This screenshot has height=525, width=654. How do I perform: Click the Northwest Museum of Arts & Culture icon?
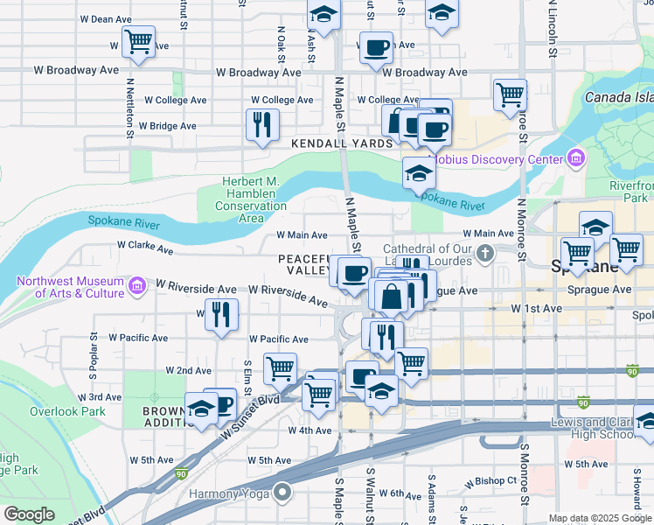tap(136, 286)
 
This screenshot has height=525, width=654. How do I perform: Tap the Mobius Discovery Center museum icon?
tap(575, 159)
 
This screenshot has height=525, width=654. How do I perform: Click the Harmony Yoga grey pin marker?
tap(282, 493)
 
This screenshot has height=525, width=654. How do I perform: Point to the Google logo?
tap(29, 514)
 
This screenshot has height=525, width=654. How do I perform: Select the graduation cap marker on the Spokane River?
tap(419, 172)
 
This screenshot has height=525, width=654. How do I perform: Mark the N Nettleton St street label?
tap(129, 107)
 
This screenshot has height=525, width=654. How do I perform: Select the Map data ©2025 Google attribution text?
tap(599, 518)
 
